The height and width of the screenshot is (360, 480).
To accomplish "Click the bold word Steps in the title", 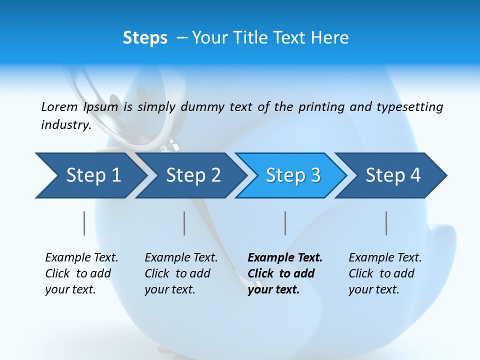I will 145,38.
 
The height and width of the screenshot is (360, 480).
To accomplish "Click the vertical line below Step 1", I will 84,223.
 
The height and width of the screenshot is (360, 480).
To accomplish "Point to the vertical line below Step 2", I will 184,223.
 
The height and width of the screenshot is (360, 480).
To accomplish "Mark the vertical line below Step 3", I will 285,223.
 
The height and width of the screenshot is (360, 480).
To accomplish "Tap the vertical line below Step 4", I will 386,223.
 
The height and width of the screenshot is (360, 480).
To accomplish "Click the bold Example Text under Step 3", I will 285,258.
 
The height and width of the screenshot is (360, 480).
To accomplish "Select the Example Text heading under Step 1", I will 81,258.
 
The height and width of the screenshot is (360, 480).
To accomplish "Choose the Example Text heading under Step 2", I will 181,258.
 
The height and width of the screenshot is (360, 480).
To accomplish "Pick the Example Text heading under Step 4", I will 385,258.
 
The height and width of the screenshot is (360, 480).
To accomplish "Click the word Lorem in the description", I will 59,107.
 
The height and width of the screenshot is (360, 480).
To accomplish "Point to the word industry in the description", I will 66,125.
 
